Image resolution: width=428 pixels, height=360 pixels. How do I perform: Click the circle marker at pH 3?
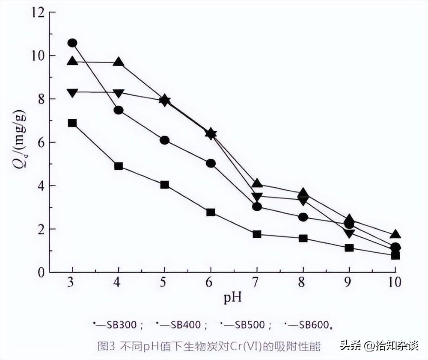coord(72,43)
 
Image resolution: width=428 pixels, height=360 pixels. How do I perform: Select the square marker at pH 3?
coord(72,123)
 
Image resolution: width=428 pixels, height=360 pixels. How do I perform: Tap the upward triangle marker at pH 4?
coord(119,62)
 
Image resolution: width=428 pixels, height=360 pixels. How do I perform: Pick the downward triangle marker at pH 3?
coord(72,93)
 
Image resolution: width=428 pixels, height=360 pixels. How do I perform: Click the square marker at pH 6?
coord(211,212)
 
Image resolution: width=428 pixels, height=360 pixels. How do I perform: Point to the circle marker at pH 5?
coord(165,141)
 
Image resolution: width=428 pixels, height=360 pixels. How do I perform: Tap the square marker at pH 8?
coord(303,239)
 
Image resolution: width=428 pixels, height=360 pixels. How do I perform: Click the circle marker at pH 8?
coord(303,217)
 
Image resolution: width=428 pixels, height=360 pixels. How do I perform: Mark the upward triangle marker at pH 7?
coord(257,183)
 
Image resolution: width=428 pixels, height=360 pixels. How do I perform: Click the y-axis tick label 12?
coord(38,12)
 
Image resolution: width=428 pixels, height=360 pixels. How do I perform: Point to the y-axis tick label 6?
coord(41,142)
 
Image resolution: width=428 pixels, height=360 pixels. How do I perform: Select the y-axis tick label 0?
coord(41,272)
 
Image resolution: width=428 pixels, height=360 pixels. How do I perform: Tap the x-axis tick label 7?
coord(255,282)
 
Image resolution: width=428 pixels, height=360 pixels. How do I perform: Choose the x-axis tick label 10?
coord(395,282)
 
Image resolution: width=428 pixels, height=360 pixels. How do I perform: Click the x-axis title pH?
coord(232,298)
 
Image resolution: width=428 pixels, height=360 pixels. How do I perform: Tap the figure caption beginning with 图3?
coord(209,346)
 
